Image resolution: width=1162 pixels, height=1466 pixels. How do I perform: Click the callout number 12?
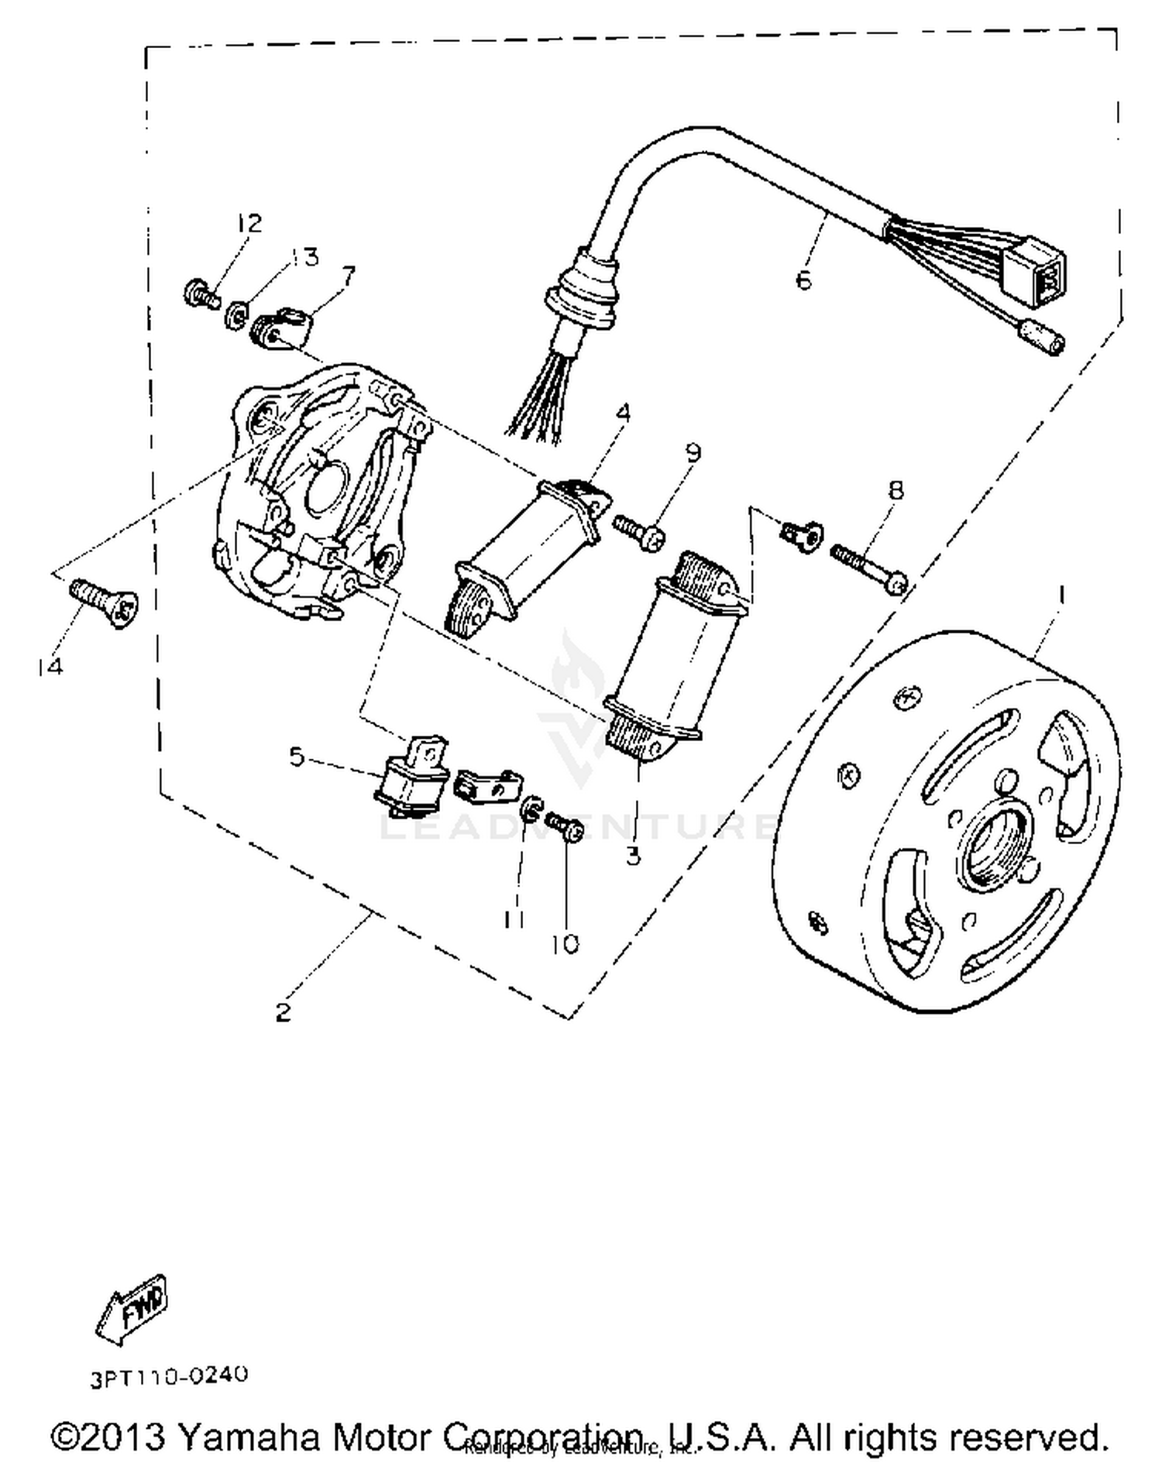[x=249, y=224]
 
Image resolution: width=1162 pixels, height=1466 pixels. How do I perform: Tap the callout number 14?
[x=50, y=667]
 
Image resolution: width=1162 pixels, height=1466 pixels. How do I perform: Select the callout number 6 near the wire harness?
[x=803, y=280]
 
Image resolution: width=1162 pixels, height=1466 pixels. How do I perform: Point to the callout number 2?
[x=283, y=1011]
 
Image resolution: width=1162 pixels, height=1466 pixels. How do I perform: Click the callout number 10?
[x=566, y=944]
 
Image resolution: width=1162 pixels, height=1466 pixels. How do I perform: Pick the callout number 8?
[x=896, y=489]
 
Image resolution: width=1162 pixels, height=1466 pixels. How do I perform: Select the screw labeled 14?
[x=105, y=603]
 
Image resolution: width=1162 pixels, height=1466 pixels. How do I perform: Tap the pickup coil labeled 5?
[x=411, y=778]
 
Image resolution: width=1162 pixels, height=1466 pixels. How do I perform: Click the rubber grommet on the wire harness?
[x=583, y=290]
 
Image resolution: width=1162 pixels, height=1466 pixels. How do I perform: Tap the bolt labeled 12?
[x=201, y=294]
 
